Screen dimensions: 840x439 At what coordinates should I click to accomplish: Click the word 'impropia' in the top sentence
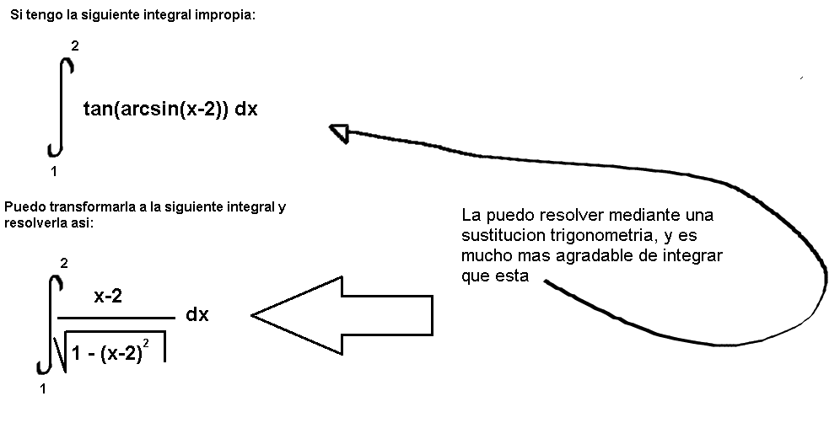point(224,15)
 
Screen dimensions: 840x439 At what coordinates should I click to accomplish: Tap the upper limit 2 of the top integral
point(75,46)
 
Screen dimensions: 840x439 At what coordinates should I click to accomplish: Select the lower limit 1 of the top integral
point(54,171)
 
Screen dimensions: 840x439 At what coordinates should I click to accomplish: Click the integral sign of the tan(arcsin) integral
point(61,107)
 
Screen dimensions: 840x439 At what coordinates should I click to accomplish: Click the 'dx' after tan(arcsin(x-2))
point(246,109)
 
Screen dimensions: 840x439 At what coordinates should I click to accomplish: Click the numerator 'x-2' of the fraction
point(108,296)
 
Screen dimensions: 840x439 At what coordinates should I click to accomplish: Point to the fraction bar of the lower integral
point(116,318)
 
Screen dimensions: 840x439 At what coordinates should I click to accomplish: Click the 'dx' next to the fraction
point(197,314)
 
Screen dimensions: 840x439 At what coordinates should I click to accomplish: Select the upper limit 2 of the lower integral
point(64,263)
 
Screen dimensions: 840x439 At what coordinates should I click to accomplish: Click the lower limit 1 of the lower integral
point(43,388)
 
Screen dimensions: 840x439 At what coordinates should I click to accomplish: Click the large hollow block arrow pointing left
point(342,315)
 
